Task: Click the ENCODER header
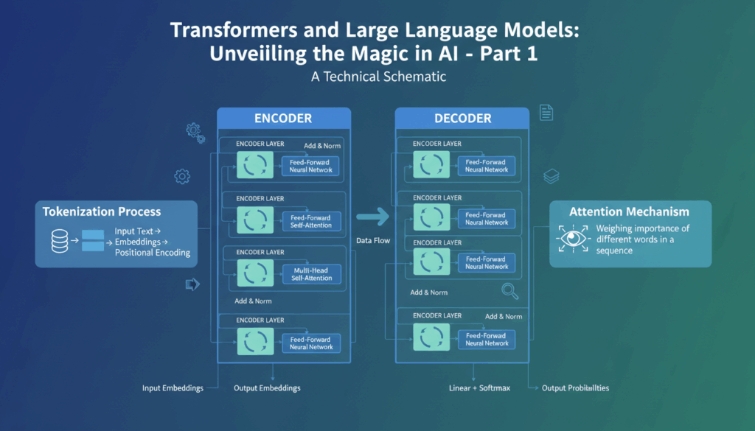(283, 119)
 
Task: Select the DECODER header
(462, 119)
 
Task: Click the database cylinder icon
(60, 240)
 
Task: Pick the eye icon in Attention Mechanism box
(572, 239)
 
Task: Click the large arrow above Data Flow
(372, 217)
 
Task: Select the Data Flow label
(372, 241)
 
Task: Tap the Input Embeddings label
(173, 388)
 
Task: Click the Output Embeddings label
(267, 388)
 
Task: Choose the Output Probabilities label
(575, 388)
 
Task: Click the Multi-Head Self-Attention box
(310, 275)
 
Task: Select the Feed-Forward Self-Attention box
(310, 221)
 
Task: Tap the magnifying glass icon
(509, 291)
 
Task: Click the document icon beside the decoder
(546, 113)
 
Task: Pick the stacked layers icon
(551, 177)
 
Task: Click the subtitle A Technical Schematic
(377, 77)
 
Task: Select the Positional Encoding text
(153, 253)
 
